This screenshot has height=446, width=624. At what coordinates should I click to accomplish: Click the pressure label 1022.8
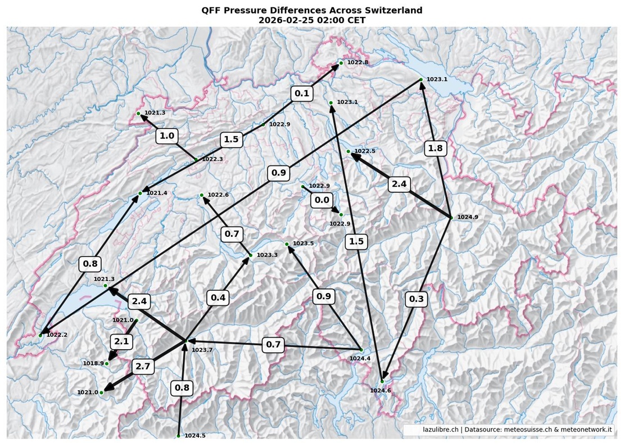pyautogui.click(x=358, y=62)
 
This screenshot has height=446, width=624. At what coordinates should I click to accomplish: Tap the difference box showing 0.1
pyautogui.click(x=302, y=93)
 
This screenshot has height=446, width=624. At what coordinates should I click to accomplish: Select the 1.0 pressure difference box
pyautogui.click(x=167, y=136)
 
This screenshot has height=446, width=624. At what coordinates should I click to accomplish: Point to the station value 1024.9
pyautogui.click(x=468, y=217)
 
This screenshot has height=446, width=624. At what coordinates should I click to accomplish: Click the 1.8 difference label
pyautogui.click(x=435, y=148)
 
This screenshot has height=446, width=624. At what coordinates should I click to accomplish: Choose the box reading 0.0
pyautogui.click(x=322, y=200)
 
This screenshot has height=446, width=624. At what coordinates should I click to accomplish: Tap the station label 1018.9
pyautogui.click(x=93, y=363)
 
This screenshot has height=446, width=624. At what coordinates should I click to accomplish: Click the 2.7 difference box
pyautogui.click(x=143, y=367)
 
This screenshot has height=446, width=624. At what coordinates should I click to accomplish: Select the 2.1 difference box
pyautogui.click(x=121, y=341)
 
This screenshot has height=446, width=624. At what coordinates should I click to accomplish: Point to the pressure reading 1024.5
pyautogui.click(x=195, y=436)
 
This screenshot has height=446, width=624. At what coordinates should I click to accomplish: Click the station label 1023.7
pyautogui.click(x=202, y=350)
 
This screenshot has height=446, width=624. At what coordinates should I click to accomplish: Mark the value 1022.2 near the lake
pyautogui.click(x=57, y=335)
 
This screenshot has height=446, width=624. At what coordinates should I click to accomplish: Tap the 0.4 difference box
pyautogui.click(x=218, y=298)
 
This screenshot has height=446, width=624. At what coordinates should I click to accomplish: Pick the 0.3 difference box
pyautogui.click(x=416, y=299)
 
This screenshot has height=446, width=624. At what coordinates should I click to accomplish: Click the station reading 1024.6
pyautogui.click(x=380, y=390)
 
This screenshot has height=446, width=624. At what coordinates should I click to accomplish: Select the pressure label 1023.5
pyautogui.click(x=303, y=244)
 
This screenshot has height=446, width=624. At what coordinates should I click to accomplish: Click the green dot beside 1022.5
pyautogui.click(x=349, y=152)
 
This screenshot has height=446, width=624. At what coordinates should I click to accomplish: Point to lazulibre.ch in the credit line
pyautogui.click(x=441, y=430)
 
